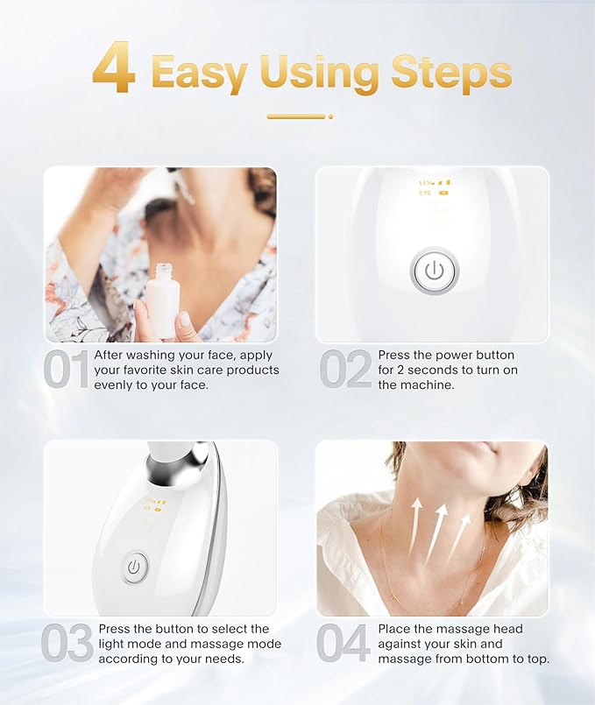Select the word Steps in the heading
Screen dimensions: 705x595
(x=451, y=72)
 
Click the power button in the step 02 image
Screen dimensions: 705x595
(x=434, y=271)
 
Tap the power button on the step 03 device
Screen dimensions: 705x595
(x=133, y=567)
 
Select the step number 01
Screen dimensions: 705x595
(x=66, y=370)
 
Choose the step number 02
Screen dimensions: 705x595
(x=344, y=370)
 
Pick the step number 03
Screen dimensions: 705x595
(x=67, y=644)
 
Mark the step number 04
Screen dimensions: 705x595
(x=344, y=644)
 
